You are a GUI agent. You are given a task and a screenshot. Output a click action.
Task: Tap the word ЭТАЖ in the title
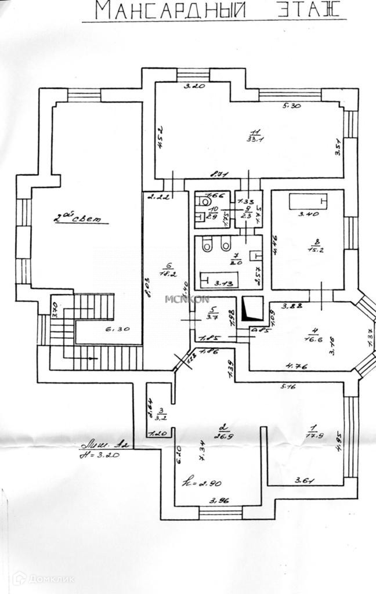[x=302, y=10]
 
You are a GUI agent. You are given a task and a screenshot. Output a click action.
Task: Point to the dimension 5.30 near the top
[x=292, y=106]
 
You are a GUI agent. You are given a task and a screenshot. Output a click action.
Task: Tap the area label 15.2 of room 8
[x=316, y=251]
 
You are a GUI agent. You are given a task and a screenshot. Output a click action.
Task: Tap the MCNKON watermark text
[x=187, y=299]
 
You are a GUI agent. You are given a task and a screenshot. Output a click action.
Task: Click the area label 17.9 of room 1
[x=314, y=435]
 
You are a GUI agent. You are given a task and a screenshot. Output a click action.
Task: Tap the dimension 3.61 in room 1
[x=305, y=480]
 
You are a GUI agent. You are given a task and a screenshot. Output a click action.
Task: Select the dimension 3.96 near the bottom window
[x=219, y=501]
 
